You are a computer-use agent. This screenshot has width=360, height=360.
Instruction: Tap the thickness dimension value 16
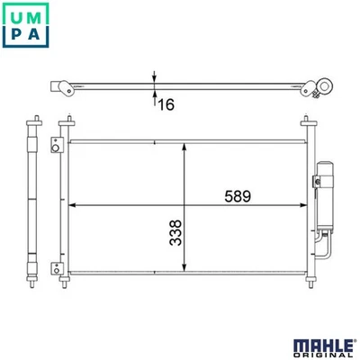click(x=166, y=105)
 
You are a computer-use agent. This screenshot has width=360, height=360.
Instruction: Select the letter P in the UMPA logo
click(x=17, y=41)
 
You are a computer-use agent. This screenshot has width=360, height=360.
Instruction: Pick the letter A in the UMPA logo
click(x=44, y=41)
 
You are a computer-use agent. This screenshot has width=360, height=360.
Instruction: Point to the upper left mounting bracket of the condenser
click(x=56, y=143)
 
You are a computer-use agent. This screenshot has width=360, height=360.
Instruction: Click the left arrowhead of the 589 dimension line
click(x=73, y=205)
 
